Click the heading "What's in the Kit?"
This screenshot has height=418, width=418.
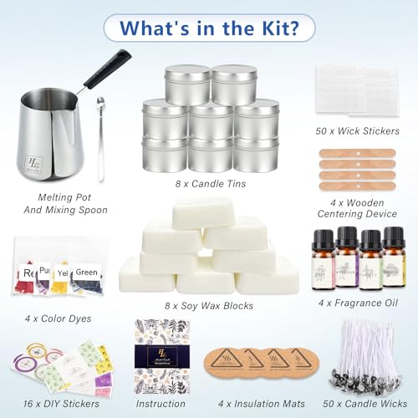coord(209,28)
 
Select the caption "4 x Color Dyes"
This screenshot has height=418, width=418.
coord(58,319)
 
